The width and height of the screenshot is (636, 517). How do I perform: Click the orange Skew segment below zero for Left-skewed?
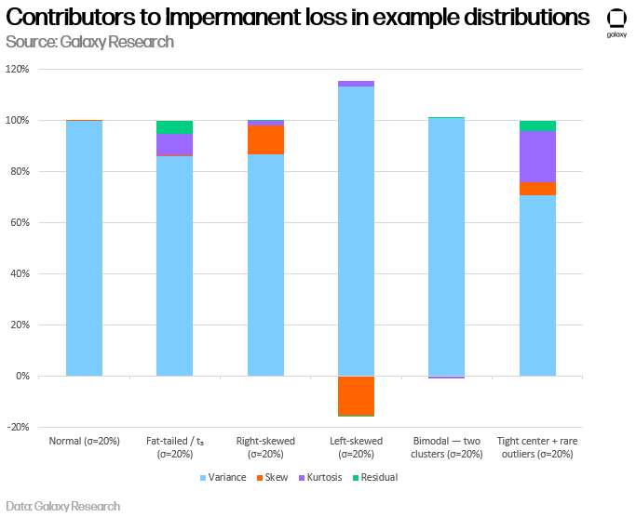coord(356,396)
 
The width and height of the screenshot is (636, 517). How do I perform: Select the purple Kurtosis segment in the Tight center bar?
coord(537,157)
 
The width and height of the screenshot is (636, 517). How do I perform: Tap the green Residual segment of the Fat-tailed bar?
coord(174,127)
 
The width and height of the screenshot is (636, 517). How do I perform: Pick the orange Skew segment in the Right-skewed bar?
coord(265,139)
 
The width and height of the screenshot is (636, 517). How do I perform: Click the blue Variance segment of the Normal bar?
coord(85,248)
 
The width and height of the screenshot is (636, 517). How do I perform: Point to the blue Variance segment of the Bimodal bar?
coord(447,246)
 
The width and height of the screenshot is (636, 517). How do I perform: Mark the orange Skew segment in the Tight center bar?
coord(537,189)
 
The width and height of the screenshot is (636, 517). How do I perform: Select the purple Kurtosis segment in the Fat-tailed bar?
coord(174,144)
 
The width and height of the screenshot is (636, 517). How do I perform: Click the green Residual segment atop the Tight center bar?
coord(537,126)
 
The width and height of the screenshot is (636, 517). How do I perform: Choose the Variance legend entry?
coord(223,477)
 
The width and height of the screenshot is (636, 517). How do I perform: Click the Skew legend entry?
coord(272,477)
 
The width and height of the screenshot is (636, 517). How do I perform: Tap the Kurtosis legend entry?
coord(320,477)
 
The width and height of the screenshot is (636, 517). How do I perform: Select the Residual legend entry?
coord(375,477)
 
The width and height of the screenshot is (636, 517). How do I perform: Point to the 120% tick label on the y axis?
coord(17,70)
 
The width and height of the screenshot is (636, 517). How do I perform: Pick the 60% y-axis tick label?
coord(20,222)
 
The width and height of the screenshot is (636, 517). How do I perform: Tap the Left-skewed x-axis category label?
coord(356,447)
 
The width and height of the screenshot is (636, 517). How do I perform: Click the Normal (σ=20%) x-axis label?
coord(85,441)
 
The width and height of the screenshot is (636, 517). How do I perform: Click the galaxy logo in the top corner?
coord(616,22)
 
